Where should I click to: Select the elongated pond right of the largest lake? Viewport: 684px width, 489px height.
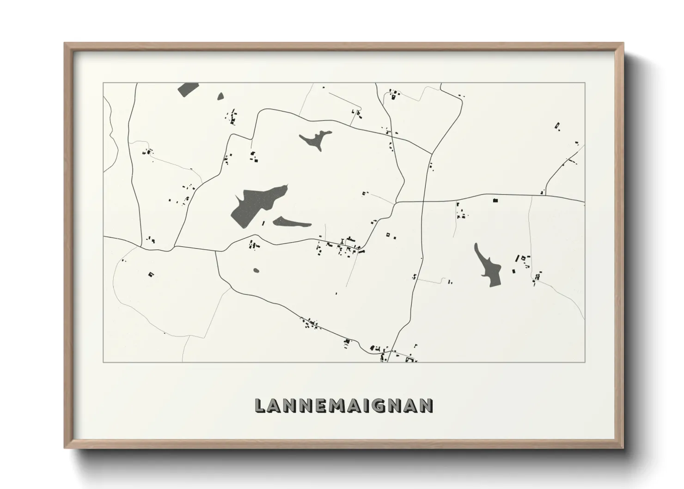click(292, 223)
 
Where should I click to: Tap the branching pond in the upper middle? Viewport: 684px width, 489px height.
click(316, 139)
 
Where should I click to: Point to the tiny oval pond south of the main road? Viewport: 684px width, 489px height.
click(256, 270)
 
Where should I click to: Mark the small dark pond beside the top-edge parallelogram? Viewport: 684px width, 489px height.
click(220, 97)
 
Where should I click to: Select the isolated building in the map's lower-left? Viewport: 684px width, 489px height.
click(150, 275)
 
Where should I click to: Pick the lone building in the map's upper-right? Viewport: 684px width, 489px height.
click(557, 125)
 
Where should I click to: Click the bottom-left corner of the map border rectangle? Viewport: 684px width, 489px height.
click(104, 362)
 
